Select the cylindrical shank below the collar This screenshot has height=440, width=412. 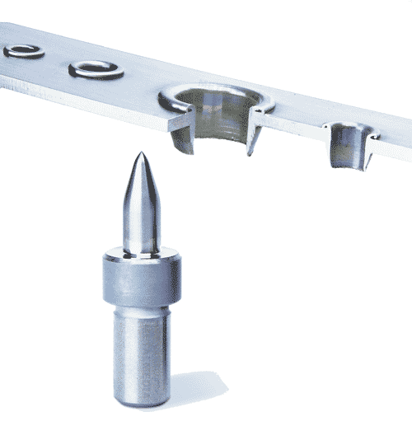pos(141,354)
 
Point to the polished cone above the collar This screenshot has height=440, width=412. pos(139,206)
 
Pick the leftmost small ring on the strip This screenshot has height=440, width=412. pos(22,51)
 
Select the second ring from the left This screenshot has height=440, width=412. pos(96,69)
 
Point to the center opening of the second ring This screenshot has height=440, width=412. pos(96,68)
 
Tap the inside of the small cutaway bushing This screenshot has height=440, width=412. pos(349,148)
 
